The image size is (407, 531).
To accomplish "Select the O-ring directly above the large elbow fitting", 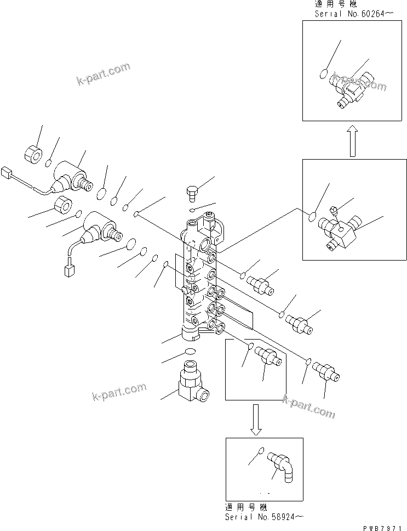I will point(190,351).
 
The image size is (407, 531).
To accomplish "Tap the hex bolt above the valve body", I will point(192,193).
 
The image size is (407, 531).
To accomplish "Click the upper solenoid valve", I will point(71,177).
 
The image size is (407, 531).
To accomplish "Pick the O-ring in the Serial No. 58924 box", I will point(261,451).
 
